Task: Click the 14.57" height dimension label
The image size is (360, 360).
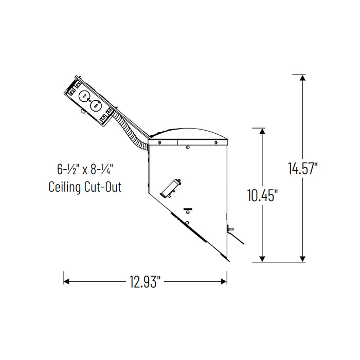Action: pos(302,168)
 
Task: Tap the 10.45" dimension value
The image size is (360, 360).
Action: pos(263,195)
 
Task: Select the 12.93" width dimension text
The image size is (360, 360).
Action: pos(146,281)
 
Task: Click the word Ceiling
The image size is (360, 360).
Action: pos(66,187)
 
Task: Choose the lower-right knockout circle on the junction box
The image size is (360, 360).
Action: pos(95,105)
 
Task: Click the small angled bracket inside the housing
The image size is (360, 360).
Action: pos(171,188)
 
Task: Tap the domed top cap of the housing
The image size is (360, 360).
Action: pos(188,133)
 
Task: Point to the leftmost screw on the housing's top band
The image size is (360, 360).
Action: pos(160,142)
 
